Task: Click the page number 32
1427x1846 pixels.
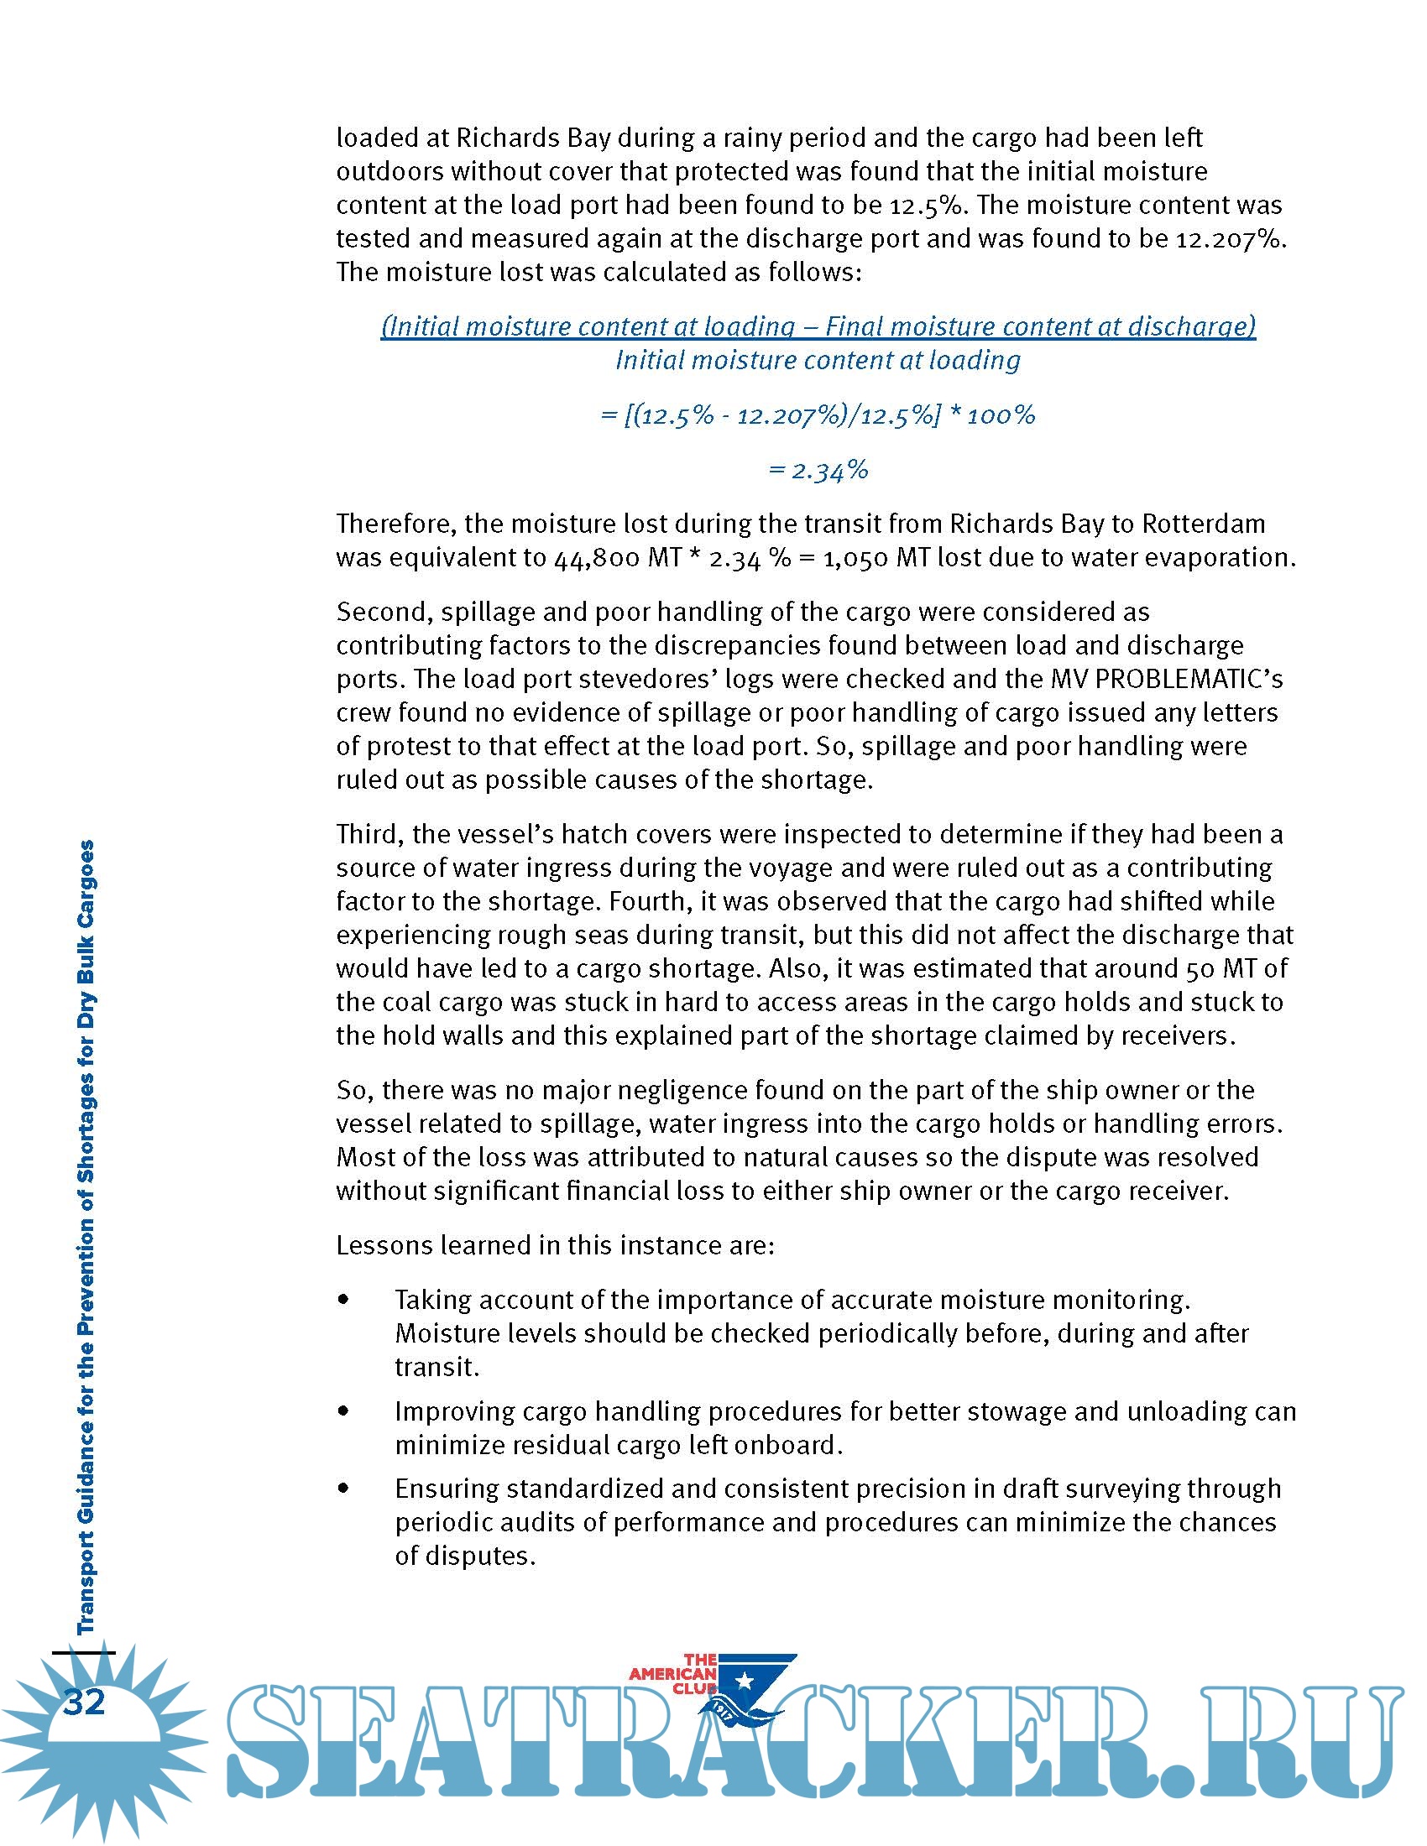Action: coord(85,1702)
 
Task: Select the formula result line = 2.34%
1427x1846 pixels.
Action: coord(818,470)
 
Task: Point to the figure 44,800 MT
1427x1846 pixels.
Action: coord(617,558)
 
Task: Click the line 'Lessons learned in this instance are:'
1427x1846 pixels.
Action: coord(555,1245)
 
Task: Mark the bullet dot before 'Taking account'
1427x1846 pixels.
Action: coord(343,1299)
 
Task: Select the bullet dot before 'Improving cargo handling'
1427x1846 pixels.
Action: coord(343,1411)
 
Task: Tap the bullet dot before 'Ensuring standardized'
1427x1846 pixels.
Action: coord(343,1489)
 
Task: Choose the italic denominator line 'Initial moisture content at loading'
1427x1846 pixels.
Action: coord(818,360)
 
